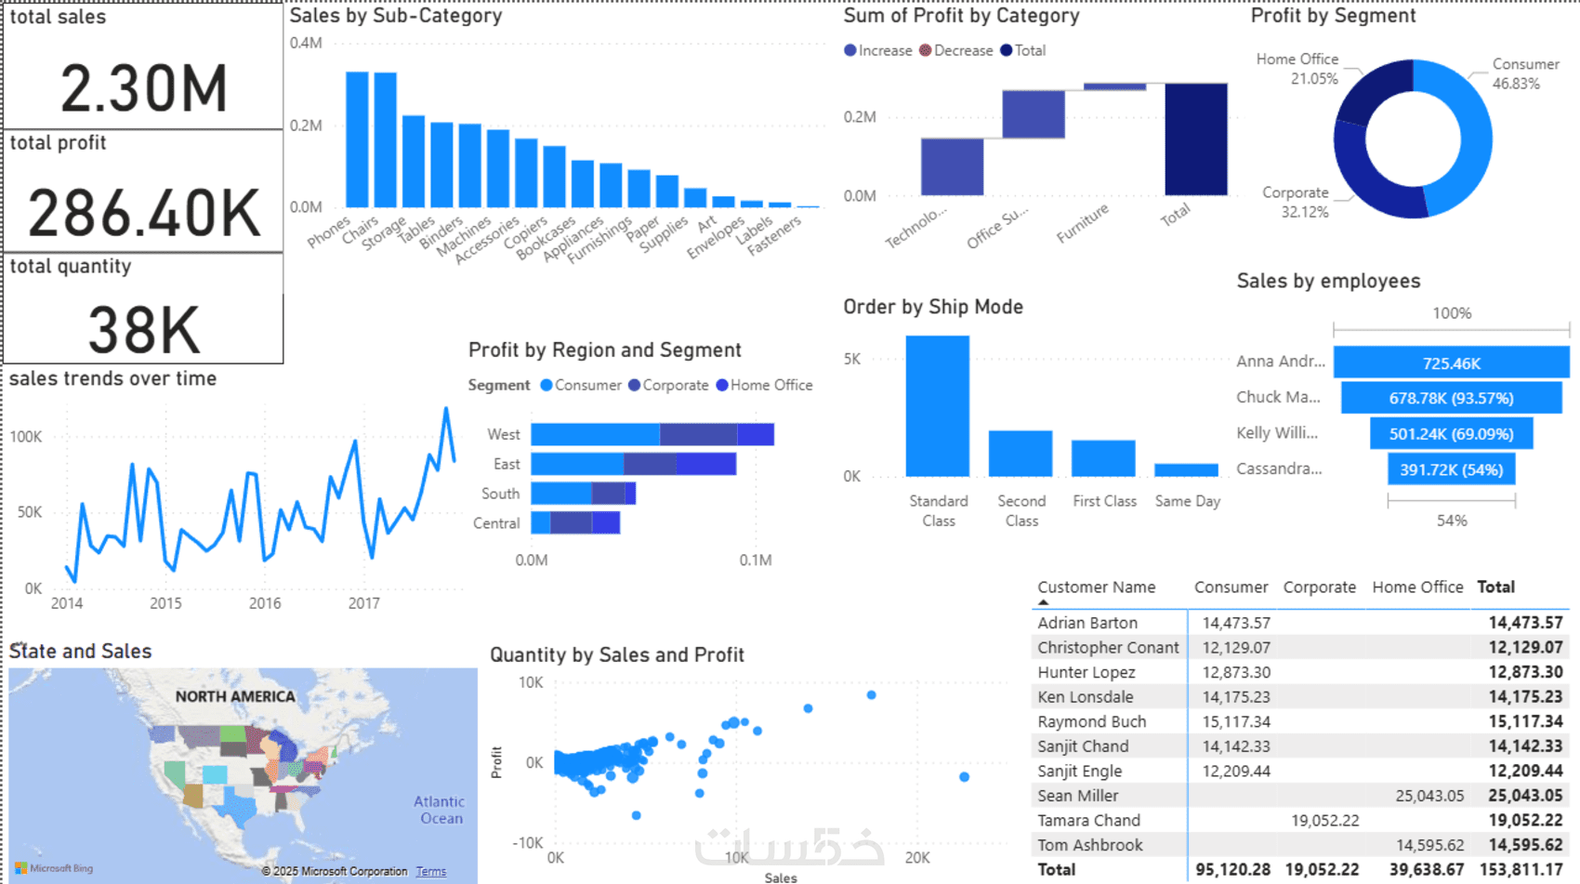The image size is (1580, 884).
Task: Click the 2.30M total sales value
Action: (x=144, y=89)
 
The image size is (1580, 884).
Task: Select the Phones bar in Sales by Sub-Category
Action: (x=357, y=139)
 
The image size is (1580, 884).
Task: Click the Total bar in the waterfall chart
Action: (x=1195, y=139)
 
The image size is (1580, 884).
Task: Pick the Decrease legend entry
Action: (x=956, y=50)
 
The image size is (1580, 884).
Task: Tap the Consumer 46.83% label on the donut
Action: (x=1524, y=73)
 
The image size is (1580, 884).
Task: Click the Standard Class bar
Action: (x=937, y=406)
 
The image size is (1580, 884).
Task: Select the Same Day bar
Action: (x=1186, y=469)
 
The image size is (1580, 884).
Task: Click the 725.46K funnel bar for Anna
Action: (x=1451, y=363)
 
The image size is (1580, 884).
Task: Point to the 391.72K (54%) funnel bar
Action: (x=1451, y=469)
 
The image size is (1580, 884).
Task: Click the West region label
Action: (x=503, y=434)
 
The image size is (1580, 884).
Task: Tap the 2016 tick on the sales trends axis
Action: (x=265, y=603)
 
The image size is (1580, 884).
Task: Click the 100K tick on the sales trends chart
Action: (x=26, y=437)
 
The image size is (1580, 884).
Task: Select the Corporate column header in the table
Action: (x=1319, y=587)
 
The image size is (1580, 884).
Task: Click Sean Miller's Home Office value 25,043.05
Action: (x=1429, y=796)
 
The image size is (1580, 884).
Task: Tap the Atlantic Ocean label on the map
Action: (x=440, y=810)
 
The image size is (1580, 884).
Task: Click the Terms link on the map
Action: (x=430, y=871)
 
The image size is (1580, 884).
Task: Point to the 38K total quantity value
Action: (x=144, y=330)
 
